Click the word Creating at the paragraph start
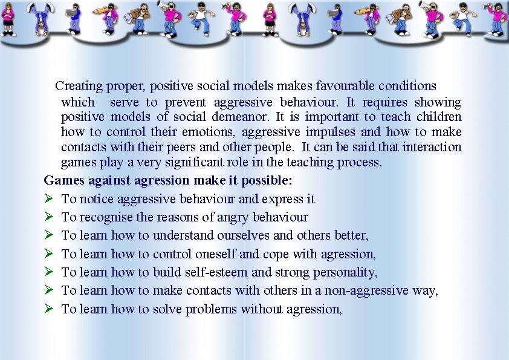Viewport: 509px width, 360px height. pyautogui.click(x=79, y=87)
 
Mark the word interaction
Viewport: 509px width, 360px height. pyautogui.click(x=432, y=147)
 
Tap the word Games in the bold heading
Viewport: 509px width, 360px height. pyautogui.click(x=65, y=180)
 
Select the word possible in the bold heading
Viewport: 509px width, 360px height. pyautogui.click(x=268, y=180)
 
